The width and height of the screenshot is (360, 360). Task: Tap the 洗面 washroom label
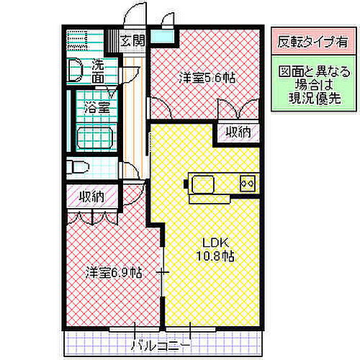(96, 70)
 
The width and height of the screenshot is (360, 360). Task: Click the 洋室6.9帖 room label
(113, 274)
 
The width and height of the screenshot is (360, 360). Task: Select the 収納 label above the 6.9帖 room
(92, 196)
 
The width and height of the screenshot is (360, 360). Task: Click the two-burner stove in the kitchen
(248, 183)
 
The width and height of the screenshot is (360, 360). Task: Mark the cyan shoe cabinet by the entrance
(162, 37)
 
